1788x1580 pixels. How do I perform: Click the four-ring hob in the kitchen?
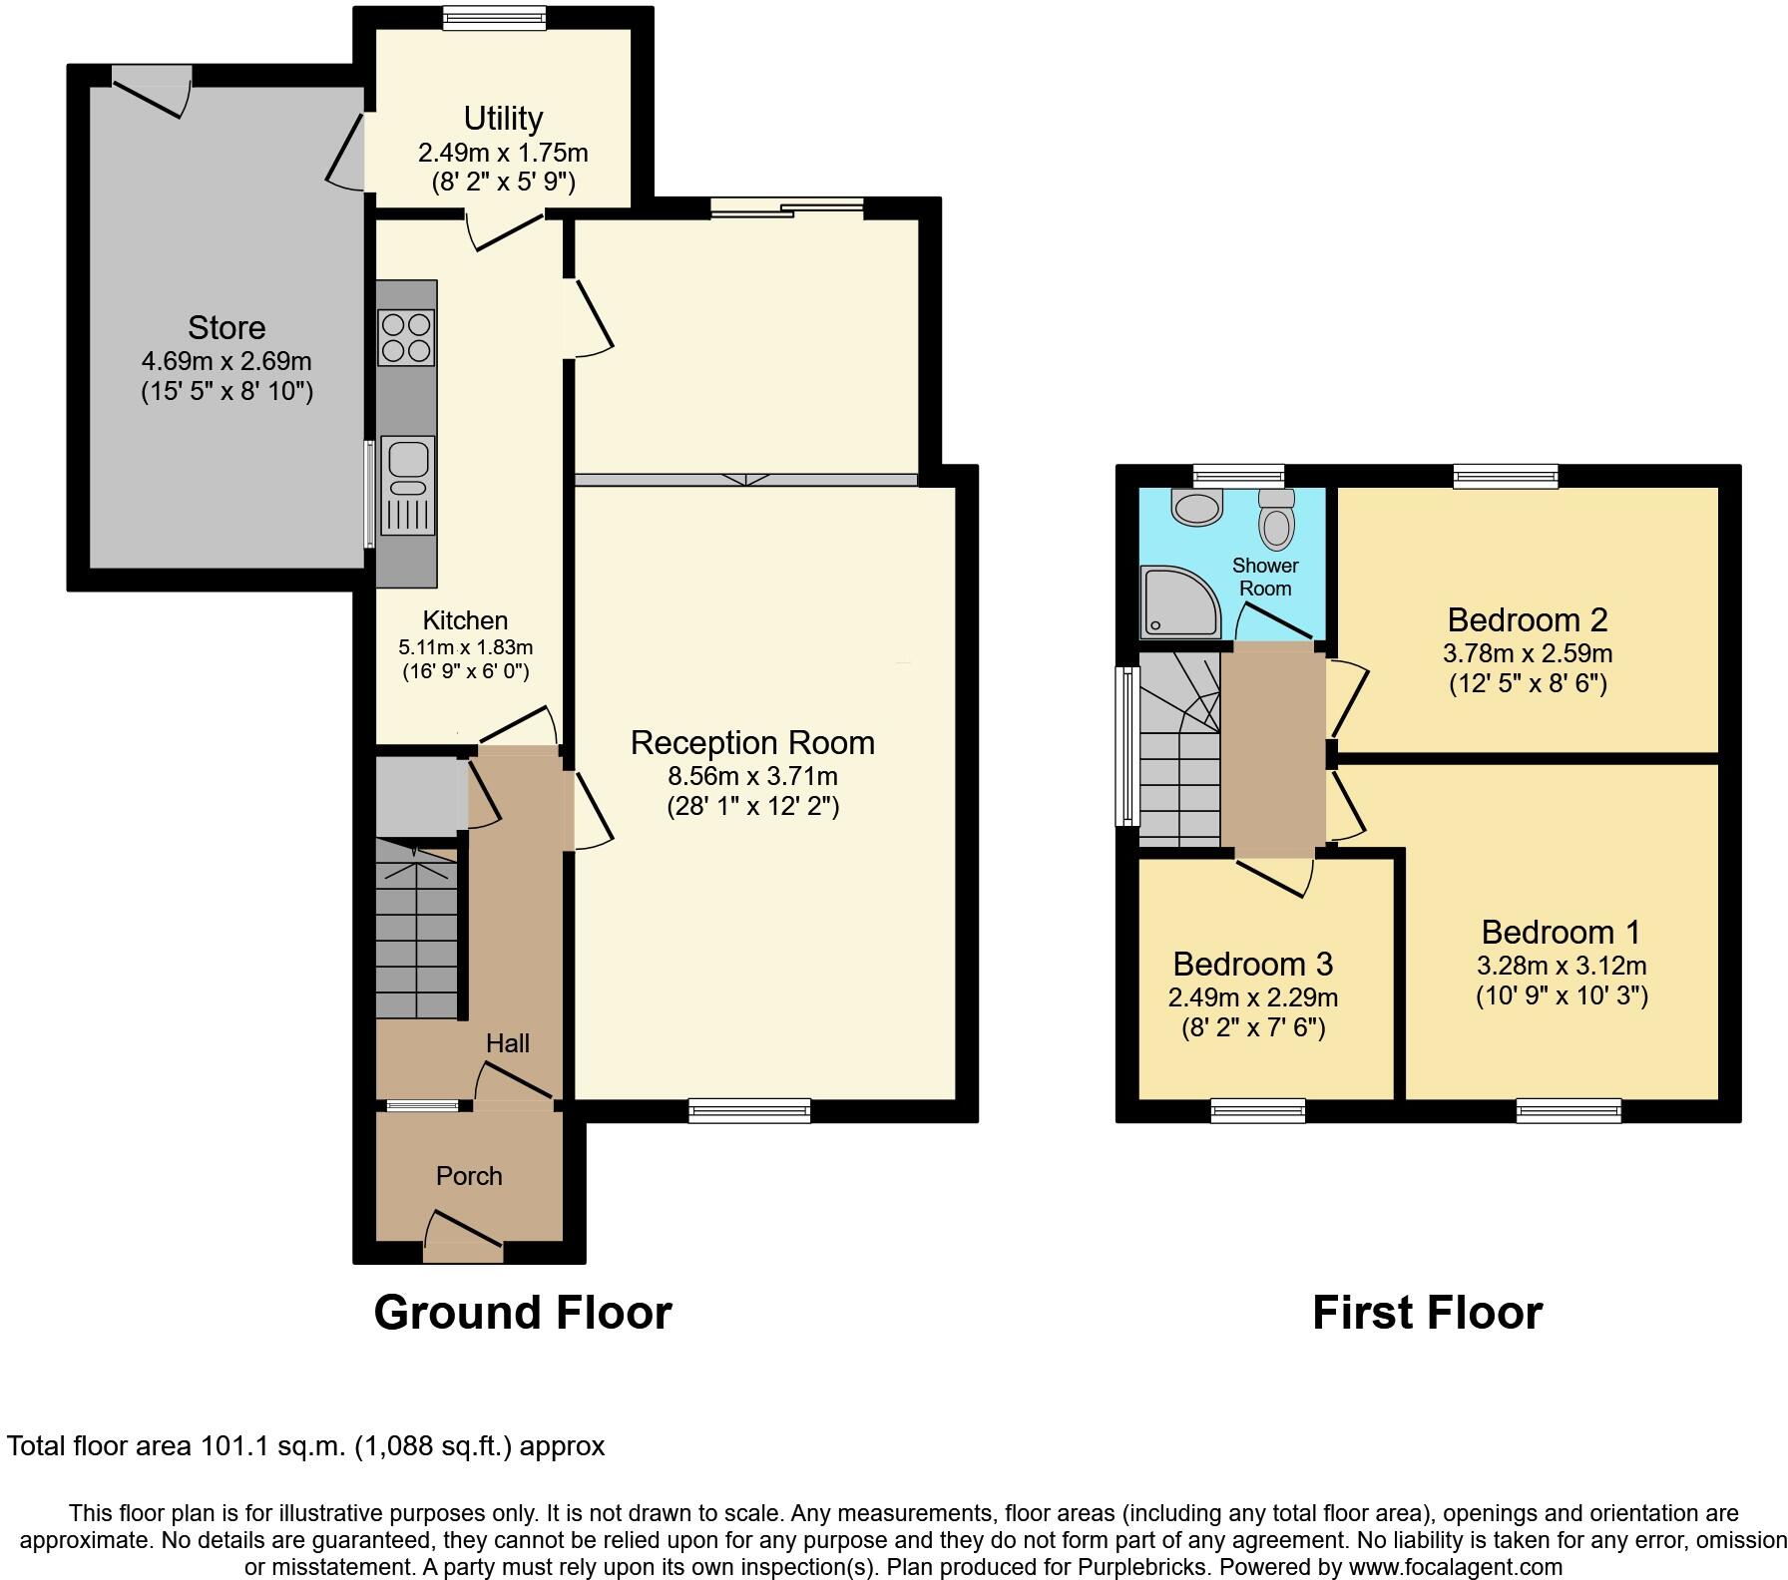[406, 337]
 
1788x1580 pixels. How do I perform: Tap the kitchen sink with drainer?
[407, 486]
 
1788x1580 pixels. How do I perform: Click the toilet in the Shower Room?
[1276, 518]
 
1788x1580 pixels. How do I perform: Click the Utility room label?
[503, 119]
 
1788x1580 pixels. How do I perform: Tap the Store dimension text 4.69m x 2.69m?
[226, 360]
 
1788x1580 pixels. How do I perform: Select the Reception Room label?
[752, 743]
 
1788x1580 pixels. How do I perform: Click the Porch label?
[469, 1176]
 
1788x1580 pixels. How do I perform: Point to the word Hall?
[507, 1043]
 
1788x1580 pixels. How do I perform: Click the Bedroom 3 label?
[1252, 965]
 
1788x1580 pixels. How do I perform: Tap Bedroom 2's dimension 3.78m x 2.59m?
[1527, 654]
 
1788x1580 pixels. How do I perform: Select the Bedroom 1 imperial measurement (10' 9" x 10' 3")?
[1561, 995]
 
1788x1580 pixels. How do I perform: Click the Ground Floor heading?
[522, 1313]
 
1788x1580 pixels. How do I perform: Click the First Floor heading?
[1427, 1313]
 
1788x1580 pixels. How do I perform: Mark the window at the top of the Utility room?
[495, 17]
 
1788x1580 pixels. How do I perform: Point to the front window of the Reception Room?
[749, 1110]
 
